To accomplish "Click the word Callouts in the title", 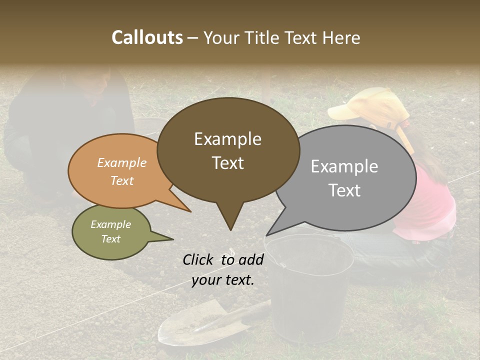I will pyautogui.click(x=147, y=37).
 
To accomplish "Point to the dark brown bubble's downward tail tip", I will pyautogui.click(x=230, y=229).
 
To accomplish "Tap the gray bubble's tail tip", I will pyautogui.click(x=267, y=234).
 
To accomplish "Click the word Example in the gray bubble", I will pyautogui.click(x=344, y=166).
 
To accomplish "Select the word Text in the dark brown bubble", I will pyautogui.click(x=228, y=163).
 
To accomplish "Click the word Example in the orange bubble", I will pyautogui.click(x=122, y=163).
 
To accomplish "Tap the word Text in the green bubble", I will pyautogui.click(x=111, y=239).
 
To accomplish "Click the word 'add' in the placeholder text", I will pyautogui.click(x=251, y=259).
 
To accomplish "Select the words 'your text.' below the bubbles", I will pyautogui.click(x=223, y=280).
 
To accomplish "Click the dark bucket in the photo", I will pyautogui.click(x=310, y=285).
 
